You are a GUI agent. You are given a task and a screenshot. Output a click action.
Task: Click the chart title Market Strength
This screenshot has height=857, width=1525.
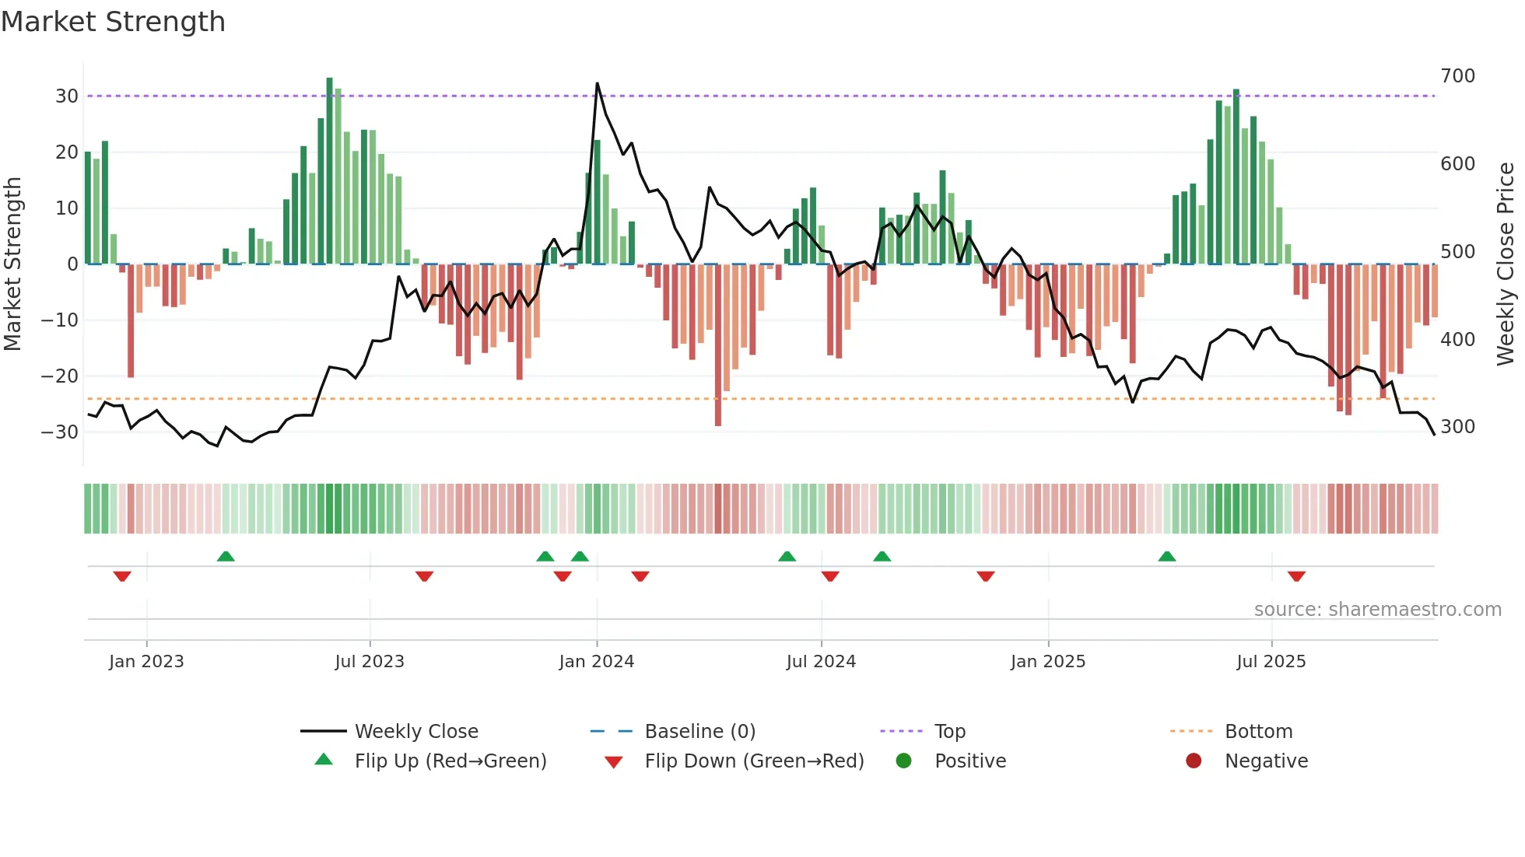113,22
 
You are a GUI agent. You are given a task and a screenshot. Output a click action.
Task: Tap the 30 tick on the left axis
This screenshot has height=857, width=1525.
66,96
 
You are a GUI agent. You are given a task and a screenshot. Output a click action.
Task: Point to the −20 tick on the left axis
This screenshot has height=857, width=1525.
60,376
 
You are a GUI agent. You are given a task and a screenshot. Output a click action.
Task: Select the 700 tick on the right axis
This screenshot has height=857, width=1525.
1457,76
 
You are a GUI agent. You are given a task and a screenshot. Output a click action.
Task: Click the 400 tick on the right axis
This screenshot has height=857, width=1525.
1457,340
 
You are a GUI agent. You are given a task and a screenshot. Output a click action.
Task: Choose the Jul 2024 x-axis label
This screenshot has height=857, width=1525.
821,662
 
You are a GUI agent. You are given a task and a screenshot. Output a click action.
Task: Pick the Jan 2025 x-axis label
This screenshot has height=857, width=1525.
1047,662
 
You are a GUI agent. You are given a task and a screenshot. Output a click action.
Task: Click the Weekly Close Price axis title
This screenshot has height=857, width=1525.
1506,264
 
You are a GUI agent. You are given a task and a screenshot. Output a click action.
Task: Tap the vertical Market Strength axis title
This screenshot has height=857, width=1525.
12,264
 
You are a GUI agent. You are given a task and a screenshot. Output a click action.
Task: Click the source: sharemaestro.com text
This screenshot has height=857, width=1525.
1377,610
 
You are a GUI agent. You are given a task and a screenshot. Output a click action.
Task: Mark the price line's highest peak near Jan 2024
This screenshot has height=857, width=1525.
597,83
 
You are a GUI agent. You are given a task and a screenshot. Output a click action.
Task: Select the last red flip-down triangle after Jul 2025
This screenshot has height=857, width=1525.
1296,576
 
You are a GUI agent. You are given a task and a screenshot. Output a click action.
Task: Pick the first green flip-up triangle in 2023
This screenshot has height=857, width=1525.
226,556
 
